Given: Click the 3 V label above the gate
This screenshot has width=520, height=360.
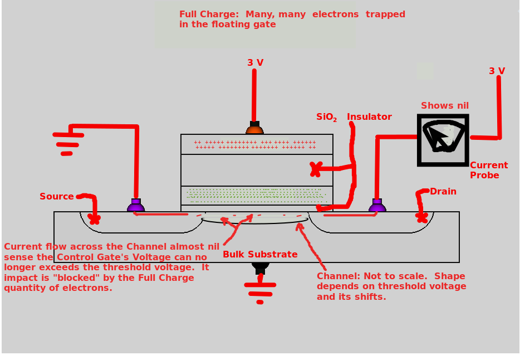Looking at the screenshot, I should [x=255, y=62].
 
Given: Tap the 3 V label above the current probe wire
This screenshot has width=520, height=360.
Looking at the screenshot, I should [x=497, y=71].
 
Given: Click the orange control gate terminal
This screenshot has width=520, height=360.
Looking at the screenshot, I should [x=254, y=129].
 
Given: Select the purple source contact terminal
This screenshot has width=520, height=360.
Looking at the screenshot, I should [x=136, y=206].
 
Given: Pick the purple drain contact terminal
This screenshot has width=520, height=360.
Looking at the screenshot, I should [x=377, y=206].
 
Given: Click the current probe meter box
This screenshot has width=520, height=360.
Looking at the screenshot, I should [x=443, y=140].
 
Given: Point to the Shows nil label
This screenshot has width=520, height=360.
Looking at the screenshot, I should [x=444, y=105].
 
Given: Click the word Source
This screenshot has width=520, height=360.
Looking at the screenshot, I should [x=56, y=196].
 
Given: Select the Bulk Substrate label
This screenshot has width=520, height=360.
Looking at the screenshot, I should [x=260, y=254].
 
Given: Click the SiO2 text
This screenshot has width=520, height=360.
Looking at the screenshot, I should [x=326, y=117].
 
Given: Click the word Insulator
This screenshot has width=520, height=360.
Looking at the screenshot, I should [x=369, y=116].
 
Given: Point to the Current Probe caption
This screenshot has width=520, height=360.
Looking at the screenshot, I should [x=488, y=170].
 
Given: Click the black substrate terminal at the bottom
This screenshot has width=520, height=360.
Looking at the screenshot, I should [x=260, y=267].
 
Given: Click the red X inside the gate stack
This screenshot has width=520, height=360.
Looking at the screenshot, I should [x=316, y=169].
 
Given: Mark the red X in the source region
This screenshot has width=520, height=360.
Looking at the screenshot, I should [x=94, y=219].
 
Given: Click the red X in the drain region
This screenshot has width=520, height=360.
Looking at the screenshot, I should [x=421, y=216].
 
